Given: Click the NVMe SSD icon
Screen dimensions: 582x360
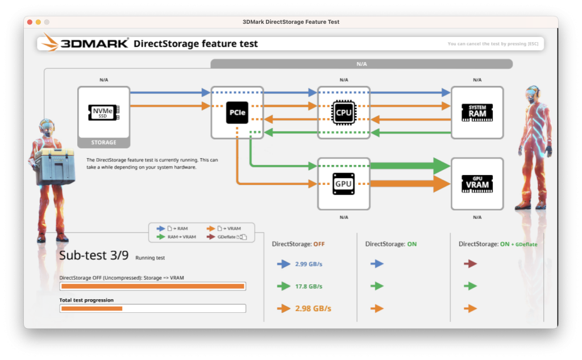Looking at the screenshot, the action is tap(103, 112).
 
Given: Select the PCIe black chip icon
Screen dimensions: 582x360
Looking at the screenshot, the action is tap(237, 113).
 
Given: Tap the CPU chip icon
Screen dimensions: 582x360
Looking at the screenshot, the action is tap(344, 112).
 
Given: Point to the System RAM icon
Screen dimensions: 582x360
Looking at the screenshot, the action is tap(477, 113).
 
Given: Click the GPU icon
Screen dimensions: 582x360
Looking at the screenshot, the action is tap(344, 184).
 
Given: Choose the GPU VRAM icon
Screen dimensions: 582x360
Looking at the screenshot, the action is tap(477, 184).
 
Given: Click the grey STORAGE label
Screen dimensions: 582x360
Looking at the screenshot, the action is tap(103, 142).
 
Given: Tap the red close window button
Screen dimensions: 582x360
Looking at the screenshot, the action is tap(30, 22).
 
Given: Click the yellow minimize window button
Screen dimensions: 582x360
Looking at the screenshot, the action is tap(38, 22).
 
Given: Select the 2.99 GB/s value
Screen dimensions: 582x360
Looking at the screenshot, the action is tap(309, 264).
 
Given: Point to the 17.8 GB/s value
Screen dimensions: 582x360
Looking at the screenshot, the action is tap(309, 287).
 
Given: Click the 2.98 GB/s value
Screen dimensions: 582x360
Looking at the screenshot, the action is tap(313, 308).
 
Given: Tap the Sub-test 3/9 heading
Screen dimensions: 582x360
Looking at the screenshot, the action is tap(94, 255).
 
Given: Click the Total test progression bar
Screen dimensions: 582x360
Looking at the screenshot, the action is tap(152, 308).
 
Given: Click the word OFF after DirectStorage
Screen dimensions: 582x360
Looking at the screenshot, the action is tap(319, 244).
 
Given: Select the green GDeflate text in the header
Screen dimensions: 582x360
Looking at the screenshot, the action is tap(526, 245).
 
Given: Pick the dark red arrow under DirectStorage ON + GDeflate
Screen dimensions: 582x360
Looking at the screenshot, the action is tap(470, 264).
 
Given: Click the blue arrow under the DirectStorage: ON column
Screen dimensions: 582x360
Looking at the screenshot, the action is tap(377, 264).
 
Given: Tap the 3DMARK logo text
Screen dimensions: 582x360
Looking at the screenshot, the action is tap(94, 43).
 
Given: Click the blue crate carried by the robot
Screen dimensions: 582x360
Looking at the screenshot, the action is tap(55, 167).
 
